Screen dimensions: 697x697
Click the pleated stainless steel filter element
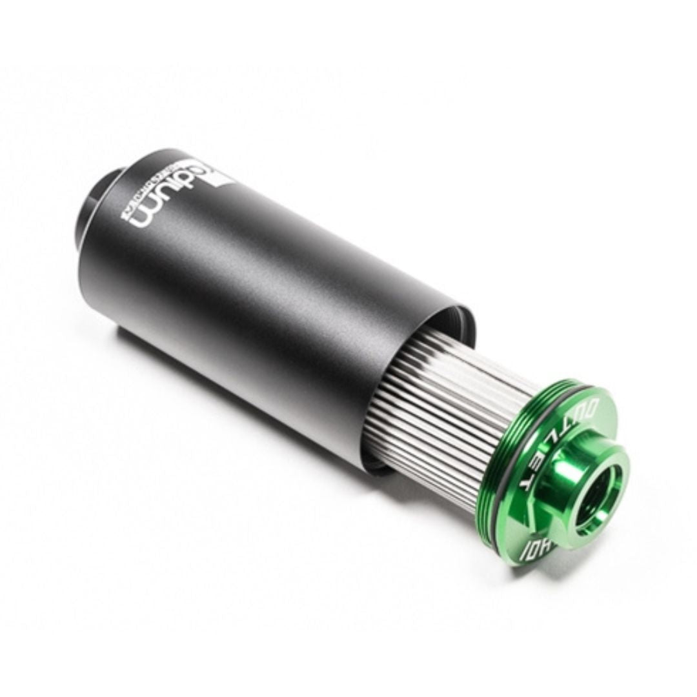[x=445, y=413]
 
